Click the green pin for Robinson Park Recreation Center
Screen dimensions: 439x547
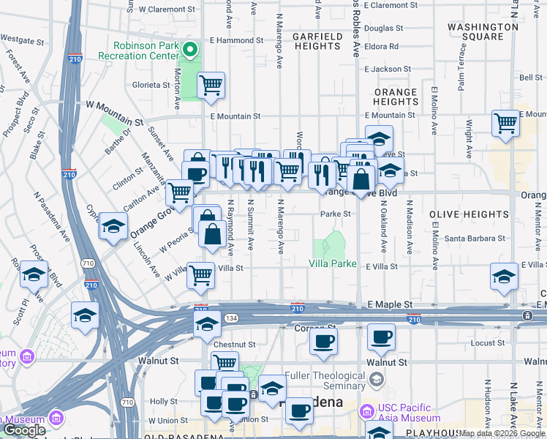(x=189, y=50)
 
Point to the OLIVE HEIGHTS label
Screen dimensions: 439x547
(x=469, y=214)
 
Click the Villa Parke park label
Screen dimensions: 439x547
(x=332, y=263)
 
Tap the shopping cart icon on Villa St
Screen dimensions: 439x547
(x=200, y=276)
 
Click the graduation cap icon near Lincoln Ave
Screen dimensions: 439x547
(x=114, y=226)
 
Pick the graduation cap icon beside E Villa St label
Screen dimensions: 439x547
(x=503, y=277)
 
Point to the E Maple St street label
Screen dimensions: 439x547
(x=390, y=304)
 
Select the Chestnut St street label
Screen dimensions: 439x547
(x=235, y=344)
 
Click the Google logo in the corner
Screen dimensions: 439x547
(x=25, y=430)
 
